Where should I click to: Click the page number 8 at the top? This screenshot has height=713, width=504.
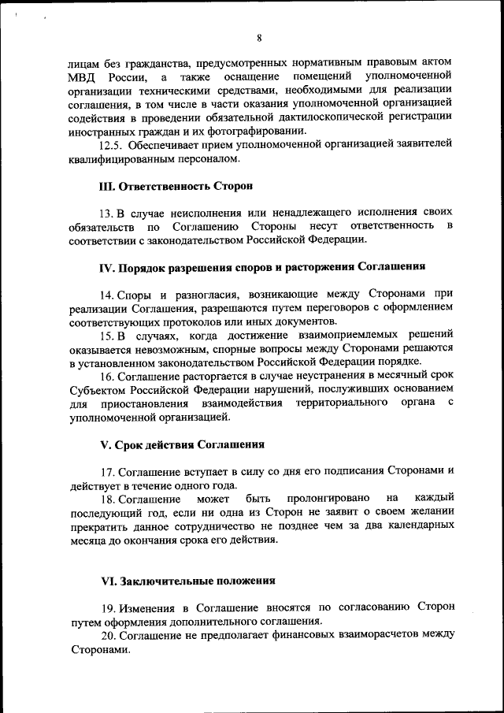[258, 36]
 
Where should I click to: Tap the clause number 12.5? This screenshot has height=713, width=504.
[110, 145]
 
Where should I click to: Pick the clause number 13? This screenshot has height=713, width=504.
[106, 213]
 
